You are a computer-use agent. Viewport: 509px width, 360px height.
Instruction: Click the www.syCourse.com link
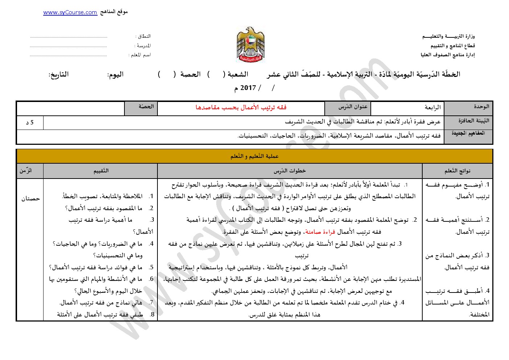70,12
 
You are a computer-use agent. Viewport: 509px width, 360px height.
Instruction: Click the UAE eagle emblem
250,44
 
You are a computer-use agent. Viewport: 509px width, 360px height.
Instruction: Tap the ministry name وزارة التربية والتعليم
448,36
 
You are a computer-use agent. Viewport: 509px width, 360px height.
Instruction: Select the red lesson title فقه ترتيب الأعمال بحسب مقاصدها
241,107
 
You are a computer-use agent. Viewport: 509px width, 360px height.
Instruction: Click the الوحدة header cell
468,108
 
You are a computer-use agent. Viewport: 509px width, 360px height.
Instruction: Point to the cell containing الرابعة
407,108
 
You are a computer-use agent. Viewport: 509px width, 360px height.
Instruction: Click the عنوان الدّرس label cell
348,108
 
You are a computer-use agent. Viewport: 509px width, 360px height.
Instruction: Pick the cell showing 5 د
30,123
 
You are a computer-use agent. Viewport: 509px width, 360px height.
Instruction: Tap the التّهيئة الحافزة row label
468,121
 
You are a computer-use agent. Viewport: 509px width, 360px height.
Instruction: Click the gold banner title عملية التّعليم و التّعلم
255,156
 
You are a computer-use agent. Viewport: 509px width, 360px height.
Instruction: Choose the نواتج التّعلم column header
457,171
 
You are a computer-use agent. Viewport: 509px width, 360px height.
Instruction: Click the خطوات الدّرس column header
290,171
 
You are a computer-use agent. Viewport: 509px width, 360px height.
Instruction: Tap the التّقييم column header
101,171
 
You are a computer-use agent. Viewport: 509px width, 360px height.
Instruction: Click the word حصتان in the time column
30,199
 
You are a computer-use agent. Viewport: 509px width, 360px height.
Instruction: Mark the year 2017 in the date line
248,88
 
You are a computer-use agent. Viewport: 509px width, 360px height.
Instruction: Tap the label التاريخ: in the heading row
59,74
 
